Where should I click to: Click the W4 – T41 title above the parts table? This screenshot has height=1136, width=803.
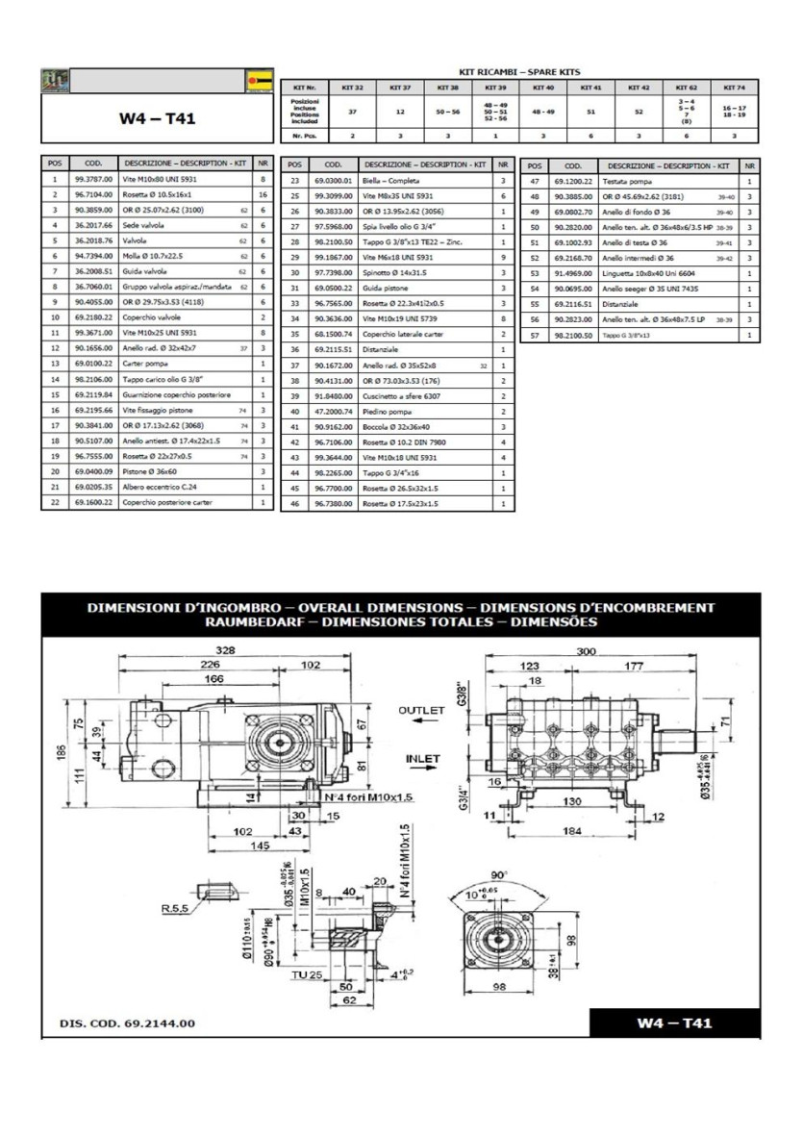158,119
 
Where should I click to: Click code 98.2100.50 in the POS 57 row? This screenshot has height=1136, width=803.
575,335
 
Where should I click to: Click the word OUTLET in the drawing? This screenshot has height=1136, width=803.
420,709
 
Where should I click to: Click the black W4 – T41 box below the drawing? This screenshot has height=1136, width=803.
673,1022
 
